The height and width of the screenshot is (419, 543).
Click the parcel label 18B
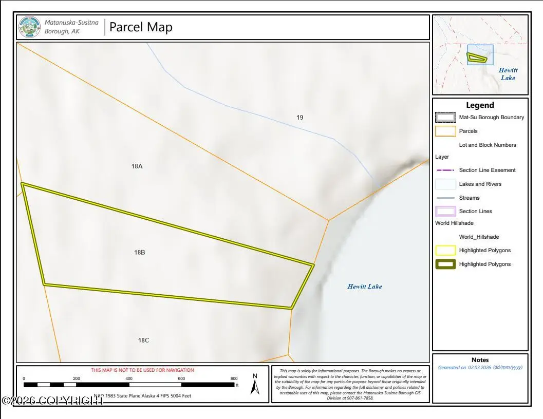click(x=140, y=252)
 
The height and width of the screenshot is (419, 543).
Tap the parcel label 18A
click(x=137, y=166)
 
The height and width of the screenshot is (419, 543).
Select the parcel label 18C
click(x=143, y=340)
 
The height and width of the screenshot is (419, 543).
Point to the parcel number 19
click(x=299, y=117)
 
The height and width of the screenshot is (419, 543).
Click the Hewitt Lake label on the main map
click(x=365, y=287)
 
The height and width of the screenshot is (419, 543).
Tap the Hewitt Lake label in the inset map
click(x=508, y=74)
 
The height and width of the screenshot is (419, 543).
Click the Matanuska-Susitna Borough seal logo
click(x=29, y=27)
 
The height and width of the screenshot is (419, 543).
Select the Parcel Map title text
click(x=141, y=27)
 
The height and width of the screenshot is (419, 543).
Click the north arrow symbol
click(x=255, y=384)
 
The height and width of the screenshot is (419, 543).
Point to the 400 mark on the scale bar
click(x=129, y=378)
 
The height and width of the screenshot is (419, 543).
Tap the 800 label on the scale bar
click(x=234, y=378)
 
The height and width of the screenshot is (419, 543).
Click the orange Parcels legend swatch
click(x=445, y=131)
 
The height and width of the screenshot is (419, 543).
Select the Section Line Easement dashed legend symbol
click(x=445, y=170)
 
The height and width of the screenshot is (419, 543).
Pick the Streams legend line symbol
click(x=445, y=198)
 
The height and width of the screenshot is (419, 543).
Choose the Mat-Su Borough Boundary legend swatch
click(x=445, y=117)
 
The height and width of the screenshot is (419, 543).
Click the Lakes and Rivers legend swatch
click(x=445, y=184)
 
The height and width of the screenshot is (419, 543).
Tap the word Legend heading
click(x=480, y=105)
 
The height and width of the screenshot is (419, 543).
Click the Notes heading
click(x=480, y=360)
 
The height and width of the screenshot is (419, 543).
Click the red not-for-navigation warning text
click(x=142, y=370)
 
